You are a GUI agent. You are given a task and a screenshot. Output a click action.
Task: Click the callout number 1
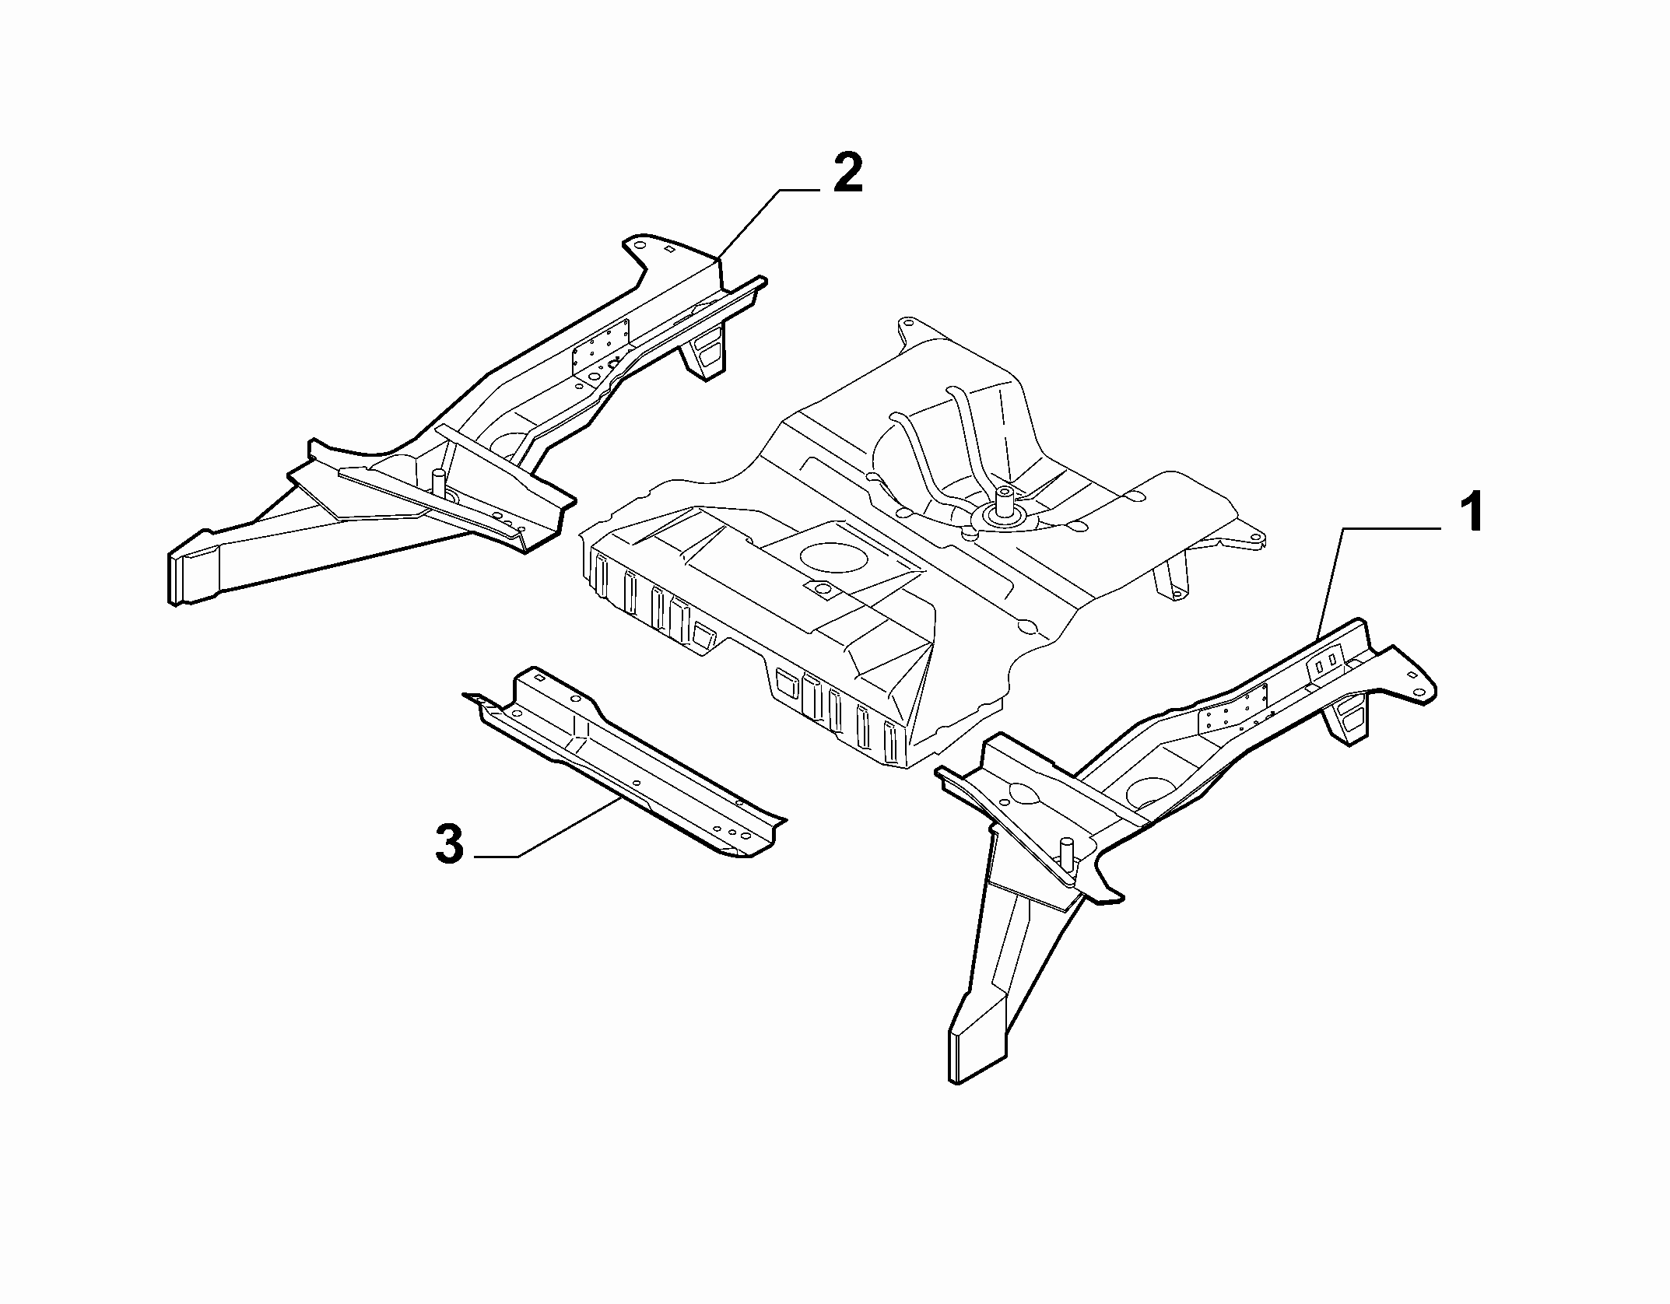1468,511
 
